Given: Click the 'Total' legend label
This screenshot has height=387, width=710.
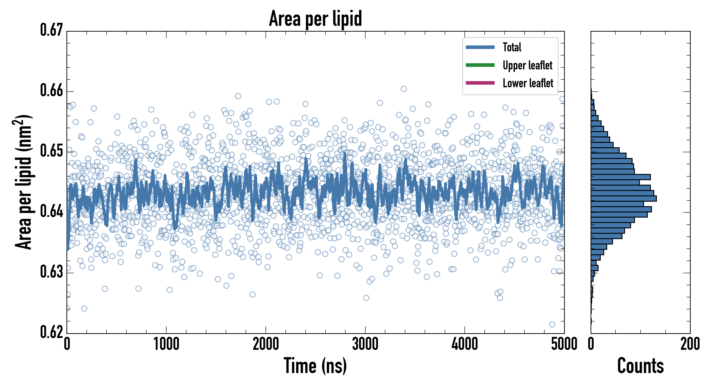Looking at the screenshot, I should tap(512, 47).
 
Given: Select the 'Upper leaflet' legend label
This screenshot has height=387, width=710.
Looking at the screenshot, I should tap(527, 65).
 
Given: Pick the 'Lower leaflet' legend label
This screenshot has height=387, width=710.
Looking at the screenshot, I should tap(528, 83).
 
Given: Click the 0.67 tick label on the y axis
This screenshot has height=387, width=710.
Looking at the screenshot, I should tap(52, 30).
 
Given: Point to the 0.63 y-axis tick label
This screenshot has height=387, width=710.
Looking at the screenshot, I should tap(52, 272).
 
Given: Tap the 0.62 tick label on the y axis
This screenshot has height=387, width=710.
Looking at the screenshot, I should tap(52, 332).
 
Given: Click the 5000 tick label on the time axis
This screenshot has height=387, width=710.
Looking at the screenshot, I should tap(564, 344).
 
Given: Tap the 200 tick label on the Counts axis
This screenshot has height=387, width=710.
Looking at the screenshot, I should tap(690, 344).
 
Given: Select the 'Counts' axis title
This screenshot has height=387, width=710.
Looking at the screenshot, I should tap(640, 366).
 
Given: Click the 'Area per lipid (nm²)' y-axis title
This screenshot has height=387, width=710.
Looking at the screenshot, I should tap(23, 182).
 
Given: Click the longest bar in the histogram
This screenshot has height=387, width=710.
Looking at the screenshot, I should tap(624, 198).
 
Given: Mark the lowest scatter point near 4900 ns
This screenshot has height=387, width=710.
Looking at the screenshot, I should tap(552, 324).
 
